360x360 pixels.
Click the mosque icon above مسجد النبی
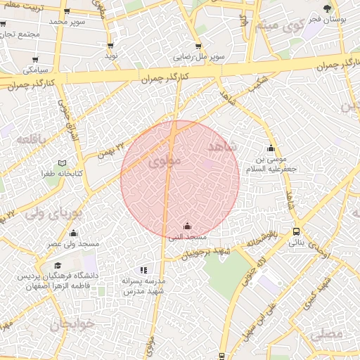pos(187,226)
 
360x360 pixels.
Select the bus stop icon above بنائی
pos(296,231)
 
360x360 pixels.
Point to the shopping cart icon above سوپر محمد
pos(66,11)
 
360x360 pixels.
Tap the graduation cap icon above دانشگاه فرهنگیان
pos(58,266)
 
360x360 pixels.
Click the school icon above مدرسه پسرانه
pos(143,269)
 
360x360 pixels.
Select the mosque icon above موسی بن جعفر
pos(271,148)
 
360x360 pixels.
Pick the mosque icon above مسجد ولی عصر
pos(73,233)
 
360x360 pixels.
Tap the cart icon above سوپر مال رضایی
pos(219,44)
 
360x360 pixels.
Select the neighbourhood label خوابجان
pos(71,325)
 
